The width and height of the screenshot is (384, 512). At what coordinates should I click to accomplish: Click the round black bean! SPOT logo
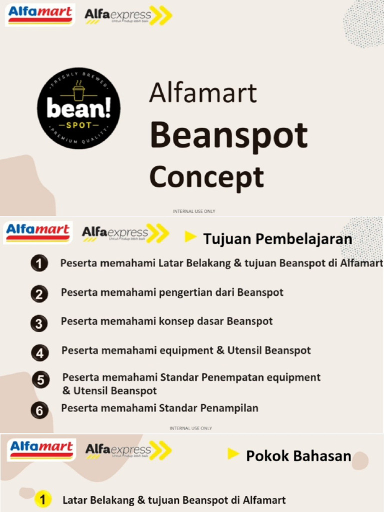pos(78,108)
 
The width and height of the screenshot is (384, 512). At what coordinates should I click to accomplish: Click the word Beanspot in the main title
pos(228,135)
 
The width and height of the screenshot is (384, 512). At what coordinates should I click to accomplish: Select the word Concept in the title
pos(206,177)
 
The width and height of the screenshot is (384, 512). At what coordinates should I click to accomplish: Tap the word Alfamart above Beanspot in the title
pos(203,93)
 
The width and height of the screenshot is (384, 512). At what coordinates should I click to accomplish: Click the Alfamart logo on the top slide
pos(40,14)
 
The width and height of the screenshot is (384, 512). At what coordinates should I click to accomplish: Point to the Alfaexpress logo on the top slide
pos(128,16)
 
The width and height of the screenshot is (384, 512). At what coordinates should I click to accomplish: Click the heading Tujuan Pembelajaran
pos(277,238)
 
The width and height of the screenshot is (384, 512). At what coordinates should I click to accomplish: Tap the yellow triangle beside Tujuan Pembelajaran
pos(190,237)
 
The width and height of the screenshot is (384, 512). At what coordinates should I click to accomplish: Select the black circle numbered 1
pos(39,263)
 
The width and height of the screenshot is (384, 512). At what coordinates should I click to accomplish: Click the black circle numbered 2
pos(39,294)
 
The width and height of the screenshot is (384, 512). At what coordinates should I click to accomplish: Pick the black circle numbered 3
pos(39,323)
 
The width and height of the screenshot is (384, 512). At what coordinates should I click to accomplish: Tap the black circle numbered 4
pos(39,353)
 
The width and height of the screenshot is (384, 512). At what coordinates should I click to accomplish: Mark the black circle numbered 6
pos(39,411)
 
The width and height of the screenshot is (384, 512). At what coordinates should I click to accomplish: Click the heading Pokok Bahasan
pos(298,456)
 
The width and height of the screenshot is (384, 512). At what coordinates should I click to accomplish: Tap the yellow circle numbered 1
pos(43,499)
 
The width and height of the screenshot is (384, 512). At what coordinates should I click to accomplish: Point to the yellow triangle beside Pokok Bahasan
pos(233,454)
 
